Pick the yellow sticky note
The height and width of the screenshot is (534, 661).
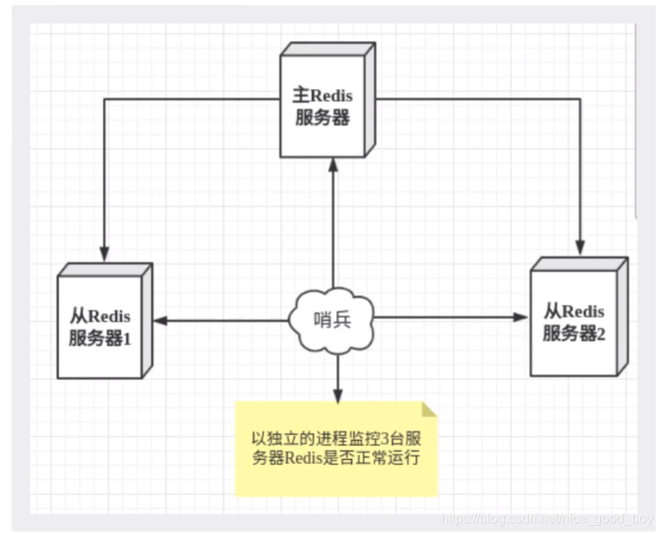tap(337, 448)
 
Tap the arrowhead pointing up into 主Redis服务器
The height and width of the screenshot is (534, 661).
tap(333, 166)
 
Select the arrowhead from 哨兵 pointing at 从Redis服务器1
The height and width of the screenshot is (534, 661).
tap(157, 319)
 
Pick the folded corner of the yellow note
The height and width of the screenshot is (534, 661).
tap(428, 410)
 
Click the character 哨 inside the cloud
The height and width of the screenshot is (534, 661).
tap(323, 319)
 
